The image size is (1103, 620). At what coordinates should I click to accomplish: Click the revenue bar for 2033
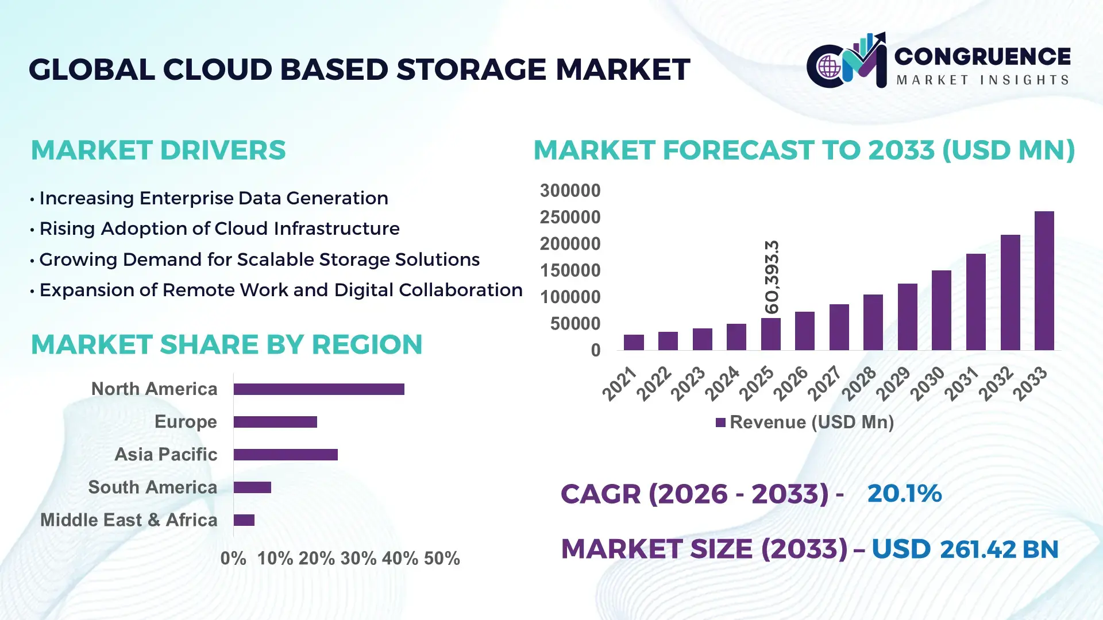point(1044,281)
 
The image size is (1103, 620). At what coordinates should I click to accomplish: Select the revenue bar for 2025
point(770,334)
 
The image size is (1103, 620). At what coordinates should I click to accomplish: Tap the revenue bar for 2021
point(634,342)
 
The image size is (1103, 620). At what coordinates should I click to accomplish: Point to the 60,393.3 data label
point(772,277)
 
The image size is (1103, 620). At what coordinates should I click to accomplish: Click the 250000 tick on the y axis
point(570,217)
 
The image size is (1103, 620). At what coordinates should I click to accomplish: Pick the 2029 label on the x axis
point(893,383)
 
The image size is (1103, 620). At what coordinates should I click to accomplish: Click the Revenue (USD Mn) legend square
point(720,423)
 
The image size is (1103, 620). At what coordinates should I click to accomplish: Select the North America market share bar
point(319,389)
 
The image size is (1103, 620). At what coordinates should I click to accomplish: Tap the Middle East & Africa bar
point(244,520)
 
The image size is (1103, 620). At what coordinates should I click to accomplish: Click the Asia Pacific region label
point(166,454)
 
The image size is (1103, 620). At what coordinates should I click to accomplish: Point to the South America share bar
point(252,487)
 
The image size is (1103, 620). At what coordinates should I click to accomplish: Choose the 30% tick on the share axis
point(358,558)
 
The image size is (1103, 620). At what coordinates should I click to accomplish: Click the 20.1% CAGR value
point(904,493)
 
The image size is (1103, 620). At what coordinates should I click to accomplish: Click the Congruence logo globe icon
point(829,67)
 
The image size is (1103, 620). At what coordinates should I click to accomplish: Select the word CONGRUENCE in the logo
point(982,56)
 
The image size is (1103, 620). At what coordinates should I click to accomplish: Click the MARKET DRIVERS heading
point(158,150)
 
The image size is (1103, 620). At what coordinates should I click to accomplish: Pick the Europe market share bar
point(275,422)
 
